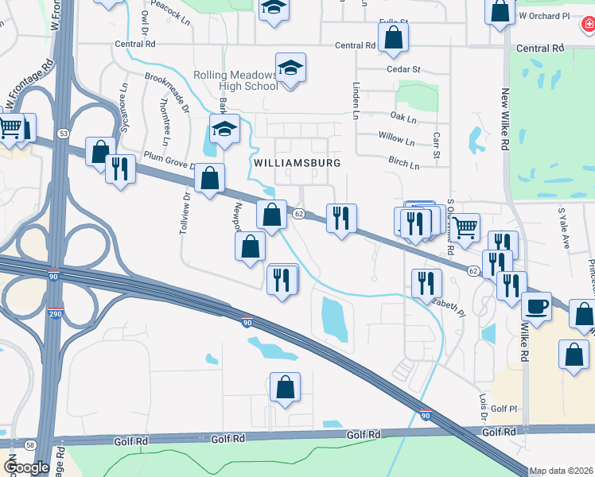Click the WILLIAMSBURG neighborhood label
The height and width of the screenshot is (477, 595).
[297, 163]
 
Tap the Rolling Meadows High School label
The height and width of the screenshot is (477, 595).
[235, 80]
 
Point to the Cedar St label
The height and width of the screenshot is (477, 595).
[402, 69]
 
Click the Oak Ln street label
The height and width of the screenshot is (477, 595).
[403, 119]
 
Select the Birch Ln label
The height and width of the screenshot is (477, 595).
[403, 165]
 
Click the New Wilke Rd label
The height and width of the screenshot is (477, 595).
[505, 119]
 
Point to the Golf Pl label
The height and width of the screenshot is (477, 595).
[504, 408]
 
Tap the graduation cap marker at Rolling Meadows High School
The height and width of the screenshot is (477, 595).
[290, 68]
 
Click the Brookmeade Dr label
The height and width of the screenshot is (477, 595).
[166, 92]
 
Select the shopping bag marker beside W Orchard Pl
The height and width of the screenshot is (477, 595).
[500, 11]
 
